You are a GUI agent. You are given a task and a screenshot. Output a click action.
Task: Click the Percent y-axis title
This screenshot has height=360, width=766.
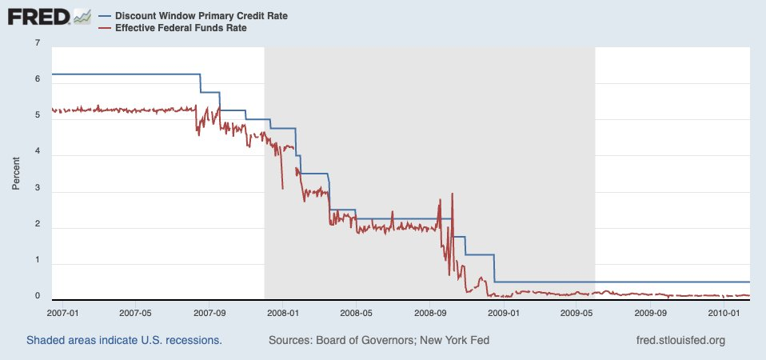tap(15, 173)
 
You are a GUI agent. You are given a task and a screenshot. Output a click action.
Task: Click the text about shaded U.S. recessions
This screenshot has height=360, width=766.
tap(124, 340)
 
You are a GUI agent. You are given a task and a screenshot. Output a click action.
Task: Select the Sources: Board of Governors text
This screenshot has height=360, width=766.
tap(379, 340)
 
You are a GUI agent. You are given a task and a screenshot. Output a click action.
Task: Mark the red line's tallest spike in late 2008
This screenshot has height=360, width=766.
tap(453, 194)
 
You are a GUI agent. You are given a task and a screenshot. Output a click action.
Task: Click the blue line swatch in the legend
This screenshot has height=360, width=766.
tap(105, 15)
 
